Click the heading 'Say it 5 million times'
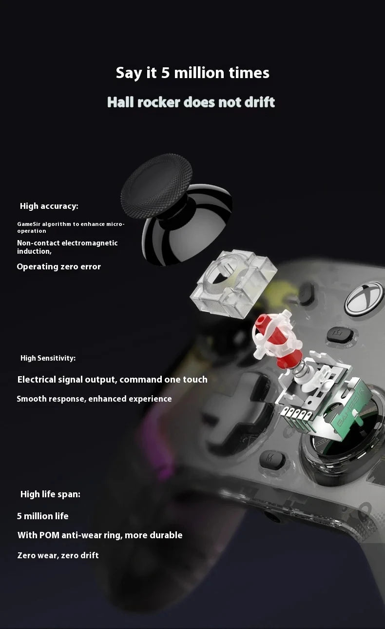(x=192, y=73)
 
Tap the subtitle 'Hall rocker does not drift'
(x=191, y=102)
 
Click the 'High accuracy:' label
(x=49, y=206)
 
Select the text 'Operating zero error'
(x=58, y=266)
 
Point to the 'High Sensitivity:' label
(x=48, y=358)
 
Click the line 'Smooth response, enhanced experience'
(x=94, y=399)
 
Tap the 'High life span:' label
(x=50, y=494)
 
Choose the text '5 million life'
(x=42, y=516)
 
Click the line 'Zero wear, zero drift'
(x=58, y=555)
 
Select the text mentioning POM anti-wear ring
(x=100, y=535)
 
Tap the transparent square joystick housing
(x=233, y=284)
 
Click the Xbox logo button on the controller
(x=364, y=297)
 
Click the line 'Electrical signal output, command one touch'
(x=113, y=379)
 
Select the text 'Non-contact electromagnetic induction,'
(x=67, y=247)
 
